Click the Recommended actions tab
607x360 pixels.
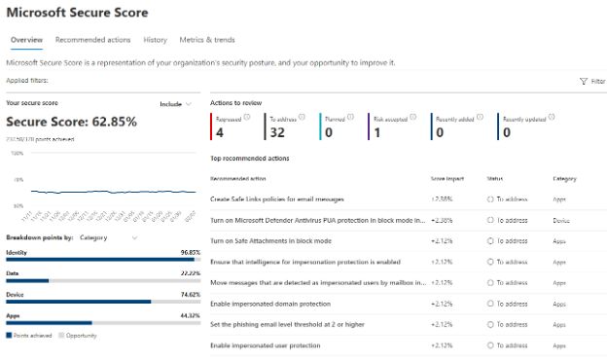click(92, 40)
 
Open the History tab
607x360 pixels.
click(155, 40)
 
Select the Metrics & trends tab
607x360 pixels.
click(207, 40)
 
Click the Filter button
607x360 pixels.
click(591, 82)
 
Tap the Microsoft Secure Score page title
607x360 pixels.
click(78, 13)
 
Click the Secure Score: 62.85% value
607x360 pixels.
click(71, 122)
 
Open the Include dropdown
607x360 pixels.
click(176, 103)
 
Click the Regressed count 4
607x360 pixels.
click(220, 132)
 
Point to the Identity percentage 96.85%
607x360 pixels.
click(190, 252)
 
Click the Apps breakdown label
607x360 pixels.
click(15, 315)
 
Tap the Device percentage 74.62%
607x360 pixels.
click(190, 294)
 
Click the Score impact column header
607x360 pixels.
click(448, 179)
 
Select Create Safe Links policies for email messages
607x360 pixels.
click(277, 198)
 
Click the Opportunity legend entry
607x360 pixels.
click(80, 335)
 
